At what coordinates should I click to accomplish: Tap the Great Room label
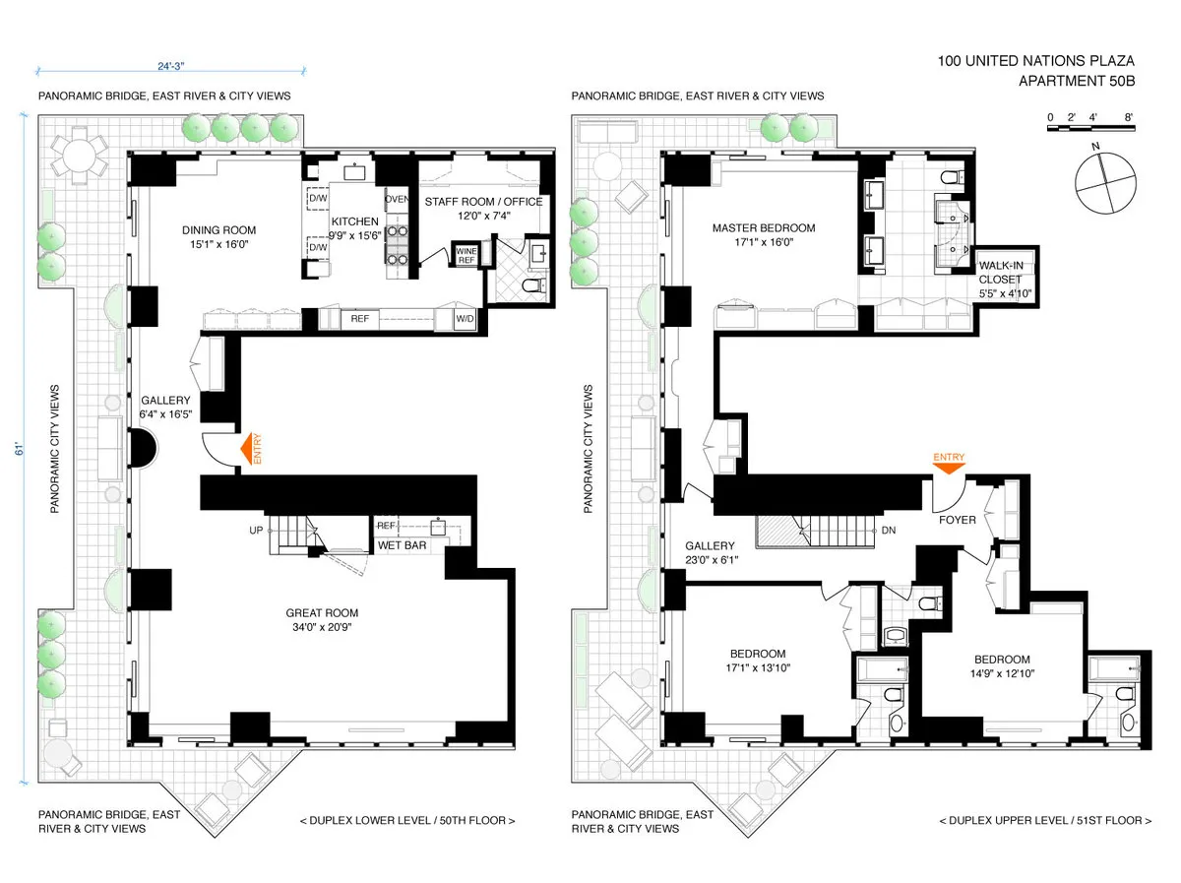click(323, 619)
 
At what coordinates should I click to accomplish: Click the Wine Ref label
click(465, 256)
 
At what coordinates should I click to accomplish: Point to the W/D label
click(464, 319)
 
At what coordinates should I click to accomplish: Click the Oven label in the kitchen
click(396, 200)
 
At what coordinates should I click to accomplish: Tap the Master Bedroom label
click(764, 235)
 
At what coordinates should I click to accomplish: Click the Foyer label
click(957, 519)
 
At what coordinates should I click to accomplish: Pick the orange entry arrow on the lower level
click(246, 452)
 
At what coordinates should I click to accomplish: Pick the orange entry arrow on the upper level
click(949, 466)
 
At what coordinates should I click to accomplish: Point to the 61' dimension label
click(18, 450)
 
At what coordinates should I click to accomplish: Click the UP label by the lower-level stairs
click(258, 530)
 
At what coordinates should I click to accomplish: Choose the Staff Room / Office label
click(482, 209)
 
